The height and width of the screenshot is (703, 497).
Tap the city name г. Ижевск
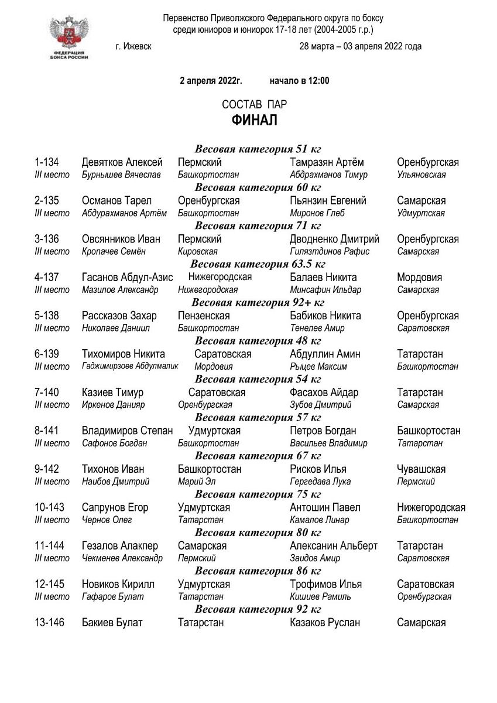134,46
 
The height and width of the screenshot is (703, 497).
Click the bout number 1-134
50,162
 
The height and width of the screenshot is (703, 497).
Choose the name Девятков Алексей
122,162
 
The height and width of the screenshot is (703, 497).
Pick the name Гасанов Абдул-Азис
127,277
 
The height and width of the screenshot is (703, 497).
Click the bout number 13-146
50,622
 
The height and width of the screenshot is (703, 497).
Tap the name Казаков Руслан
325,622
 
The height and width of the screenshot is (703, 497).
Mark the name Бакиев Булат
112,622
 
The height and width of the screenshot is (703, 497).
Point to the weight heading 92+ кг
258,303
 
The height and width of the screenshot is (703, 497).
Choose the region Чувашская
421,469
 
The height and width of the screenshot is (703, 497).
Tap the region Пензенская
204,316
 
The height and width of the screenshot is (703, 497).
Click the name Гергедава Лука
320,482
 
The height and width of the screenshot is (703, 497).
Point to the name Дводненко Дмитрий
334,239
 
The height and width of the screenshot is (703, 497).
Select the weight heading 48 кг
258,341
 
